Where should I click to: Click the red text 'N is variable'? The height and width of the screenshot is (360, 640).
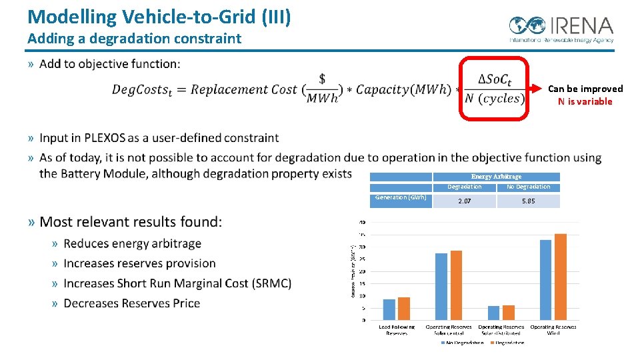tap(585, 101)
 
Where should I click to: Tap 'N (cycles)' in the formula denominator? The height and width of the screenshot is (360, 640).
tap(494, 99)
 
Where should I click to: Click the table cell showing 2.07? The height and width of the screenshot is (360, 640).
tap(464, 201)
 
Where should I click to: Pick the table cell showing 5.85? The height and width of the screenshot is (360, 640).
tap(528, 201)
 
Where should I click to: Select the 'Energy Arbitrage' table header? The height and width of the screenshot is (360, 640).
tap(496, 177)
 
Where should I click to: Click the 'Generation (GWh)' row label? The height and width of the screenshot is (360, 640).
tap(400, 197)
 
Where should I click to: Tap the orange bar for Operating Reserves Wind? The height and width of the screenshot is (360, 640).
tap(560, 277)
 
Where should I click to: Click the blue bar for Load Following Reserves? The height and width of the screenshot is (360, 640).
tap(389, 309)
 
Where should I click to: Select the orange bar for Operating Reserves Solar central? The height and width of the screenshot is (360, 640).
tap(456, 285)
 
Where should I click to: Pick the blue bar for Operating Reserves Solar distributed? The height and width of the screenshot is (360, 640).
tap(493, 313)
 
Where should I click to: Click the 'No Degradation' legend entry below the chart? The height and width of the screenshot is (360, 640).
tap(465, 343)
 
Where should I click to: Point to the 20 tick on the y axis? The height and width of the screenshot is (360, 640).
tap(363, 271)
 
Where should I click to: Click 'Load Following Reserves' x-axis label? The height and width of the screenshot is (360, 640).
tap(397, 330)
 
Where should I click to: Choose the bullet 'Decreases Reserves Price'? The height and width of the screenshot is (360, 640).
tap(131, 303)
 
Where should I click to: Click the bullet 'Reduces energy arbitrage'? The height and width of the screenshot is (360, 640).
tap(132, 243)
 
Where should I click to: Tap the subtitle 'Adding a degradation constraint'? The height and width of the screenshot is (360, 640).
tap(134, 39)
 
